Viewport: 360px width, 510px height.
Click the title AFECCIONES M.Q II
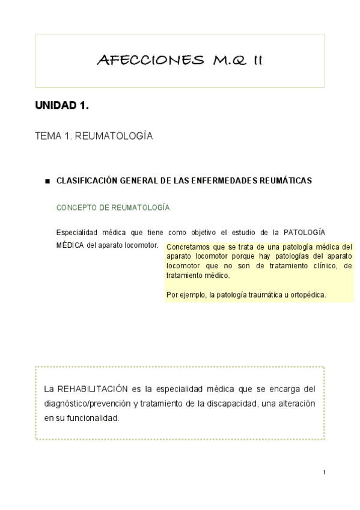180,60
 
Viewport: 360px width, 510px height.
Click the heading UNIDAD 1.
62,106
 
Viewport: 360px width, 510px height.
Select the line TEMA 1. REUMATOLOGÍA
94,137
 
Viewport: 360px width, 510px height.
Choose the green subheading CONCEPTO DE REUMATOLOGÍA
112,207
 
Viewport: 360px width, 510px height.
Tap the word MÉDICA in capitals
70,245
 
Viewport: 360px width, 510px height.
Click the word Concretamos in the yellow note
187,247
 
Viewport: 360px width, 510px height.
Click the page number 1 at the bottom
324,472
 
